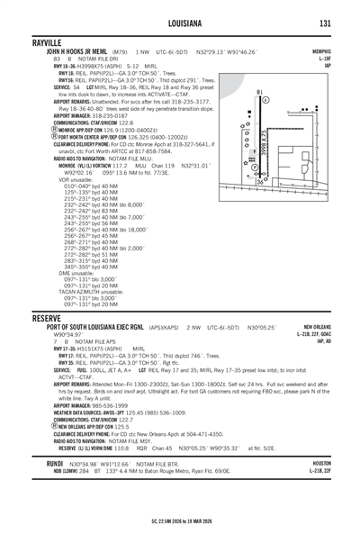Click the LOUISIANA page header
tap(180, 23)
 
